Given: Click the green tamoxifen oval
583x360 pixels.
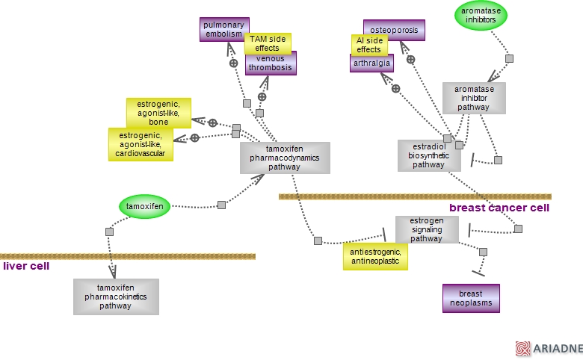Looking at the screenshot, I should click(x=146, y=206).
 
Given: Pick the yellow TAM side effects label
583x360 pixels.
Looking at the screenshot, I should click(x=268, y=43).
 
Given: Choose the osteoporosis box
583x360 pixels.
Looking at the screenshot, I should click(x=395, y=30).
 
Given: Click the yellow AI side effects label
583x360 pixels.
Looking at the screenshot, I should click(x=369, y=45).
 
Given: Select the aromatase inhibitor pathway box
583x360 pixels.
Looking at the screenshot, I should click(x=474, y=98).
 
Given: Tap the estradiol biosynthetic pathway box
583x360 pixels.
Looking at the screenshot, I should click(x=429, y=155).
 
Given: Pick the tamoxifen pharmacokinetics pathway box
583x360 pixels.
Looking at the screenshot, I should click(x=116, y=297).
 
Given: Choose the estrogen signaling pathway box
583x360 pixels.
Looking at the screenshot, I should click(x=427, y=229).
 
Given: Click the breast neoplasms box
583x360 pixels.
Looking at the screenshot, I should click(x=471, y=298).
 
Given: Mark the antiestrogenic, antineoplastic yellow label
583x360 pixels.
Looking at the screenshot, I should click(x=375, y=257).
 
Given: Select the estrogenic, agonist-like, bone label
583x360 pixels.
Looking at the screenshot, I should click(x=158, y=113).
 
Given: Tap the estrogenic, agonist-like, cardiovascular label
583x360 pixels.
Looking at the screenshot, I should click(x=141, y=144).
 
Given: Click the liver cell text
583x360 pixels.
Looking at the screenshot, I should click(x=26, y=266).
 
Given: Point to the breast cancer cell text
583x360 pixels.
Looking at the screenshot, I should click(x=499, y=208).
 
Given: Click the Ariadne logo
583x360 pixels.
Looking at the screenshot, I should click(x=548, y=349).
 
